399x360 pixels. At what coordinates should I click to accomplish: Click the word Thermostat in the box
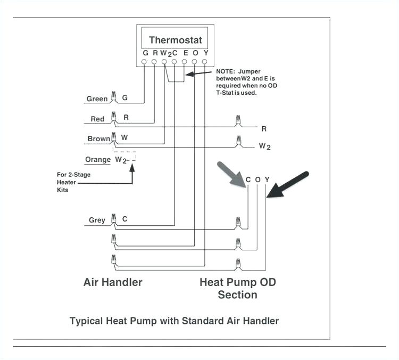coord(176,40)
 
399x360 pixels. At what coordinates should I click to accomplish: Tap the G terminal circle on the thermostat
coord(145,62)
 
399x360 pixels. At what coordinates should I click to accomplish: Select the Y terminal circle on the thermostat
coord(205,62)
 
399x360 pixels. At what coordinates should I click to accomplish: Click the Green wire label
coord(97,99)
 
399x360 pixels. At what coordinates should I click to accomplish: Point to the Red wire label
coord(97,119)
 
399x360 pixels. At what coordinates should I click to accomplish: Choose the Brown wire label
coord(98,138)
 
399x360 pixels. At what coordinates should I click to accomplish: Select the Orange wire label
coord(98,159)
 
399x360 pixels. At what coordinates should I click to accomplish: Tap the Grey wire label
coord(97,220)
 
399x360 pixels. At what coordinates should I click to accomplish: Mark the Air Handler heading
coord(113,282)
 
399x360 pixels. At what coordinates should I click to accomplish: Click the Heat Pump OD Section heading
coord(238,288)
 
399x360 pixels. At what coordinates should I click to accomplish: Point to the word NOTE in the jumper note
coord(226,71)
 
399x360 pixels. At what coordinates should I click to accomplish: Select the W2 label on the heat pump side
coord(264,145)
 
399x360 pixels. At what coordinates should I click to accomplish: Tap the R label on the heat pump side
coord(264,129)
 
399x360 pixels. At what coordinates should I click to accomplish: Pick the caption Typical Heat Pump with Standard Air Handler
coord(174,321)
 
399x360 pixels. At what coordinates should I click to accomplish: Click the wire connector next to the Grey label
coord(113,219)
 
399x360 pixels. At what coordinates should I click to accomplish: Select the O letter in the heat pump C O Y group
coord(257,179)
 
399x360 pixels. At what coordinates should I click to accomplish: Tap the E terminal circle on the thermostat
coord(185,62)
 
